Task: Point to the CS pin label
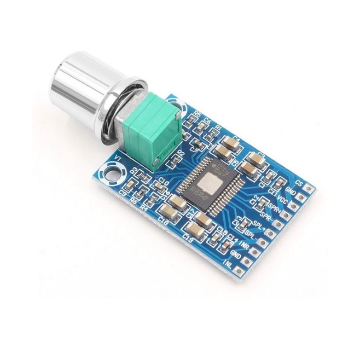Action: (299, 182)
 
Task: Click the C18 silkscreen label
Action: (162, 220)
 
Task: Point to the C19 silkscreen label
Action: (189, 237)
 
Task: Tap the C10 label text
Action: (162, 181)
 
